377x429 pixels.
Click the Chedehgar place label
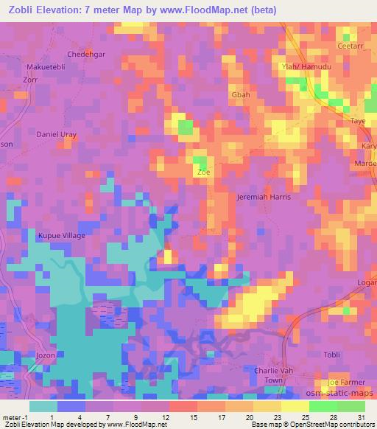[83, 54]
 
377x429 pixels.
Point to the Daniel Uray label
[57, 134]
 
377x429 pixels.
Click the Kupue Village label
[61, 236]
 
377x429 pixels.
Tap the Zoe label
[205, 172]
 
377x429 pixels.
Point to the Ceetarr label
[350, 46]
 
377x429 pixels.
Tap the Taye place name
[358, 121]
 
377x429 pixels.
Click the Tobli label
[332, 355]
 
